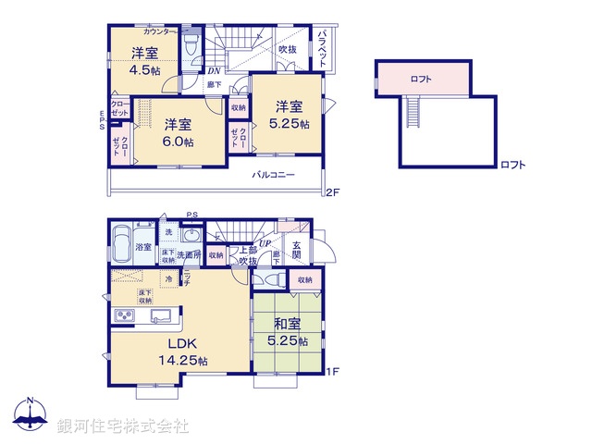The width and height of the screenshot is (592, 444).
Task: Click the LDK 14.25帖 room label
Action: (179, 352)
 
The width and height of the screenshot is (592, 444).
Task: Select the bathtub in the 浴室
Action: (121, 245)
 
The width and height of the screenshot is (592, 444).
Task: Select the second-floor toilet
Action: (191, 47)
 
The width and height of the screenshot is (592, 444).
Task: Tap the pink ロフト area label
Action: (422, 79)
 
